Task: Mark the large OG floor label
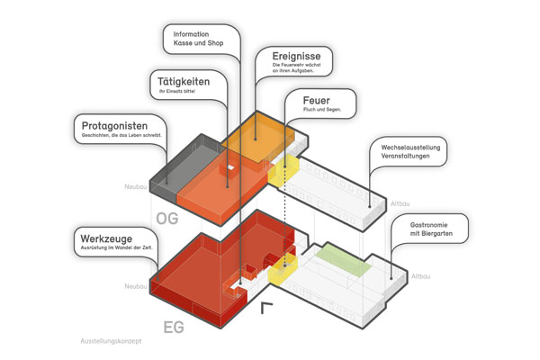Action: [x=169, y=219]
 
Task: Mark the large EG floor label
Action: [x=173, y=328]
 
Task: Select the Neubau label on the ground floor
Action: [x=134, y=287]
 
